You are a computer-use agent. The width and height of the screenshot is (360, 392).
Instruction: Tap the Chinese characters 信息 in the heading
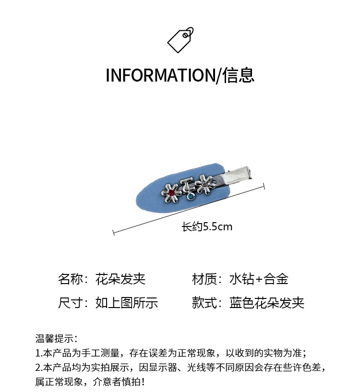click(239, 76)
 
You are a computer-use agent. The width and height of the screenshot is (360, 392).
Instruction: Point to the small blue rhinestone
click(190, 197)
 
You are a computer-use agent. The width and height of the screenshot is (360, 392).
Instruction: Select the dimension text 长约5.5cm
click(207, 226)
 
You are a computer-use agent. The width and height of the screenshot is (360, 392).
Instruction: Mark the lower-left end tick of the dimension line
click(113, 233)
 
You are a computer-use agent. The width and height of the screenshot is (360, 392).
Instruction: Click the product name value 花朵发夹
click(120, 279)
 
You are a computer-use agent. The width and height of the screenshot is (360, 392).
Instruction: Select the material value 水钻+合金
click(259, 279)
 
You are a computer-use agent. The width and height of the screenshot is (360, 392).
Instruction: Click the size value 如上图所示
click(127, 303)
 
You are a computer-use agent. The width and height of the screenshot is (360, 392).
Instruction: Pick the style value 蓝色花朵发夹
click(267, 303)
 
